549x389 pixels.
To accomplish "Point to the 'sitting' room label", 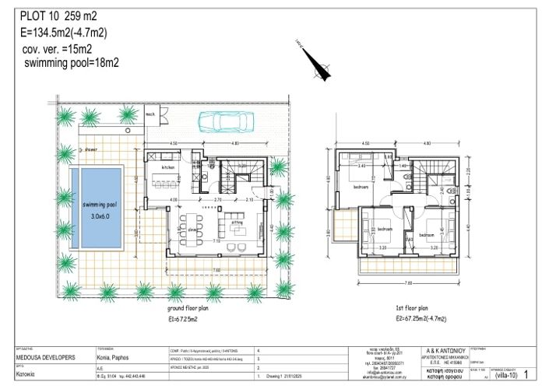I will [x=237, y=221].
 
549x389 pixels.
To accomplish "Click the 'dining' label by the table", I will [x=192, y=230].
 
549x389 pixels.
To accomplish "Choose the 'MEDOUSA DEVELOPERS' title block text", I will [x=45, y=358].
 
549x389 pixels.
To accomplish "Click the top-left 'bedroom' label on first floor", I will [x=361, y=187].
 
